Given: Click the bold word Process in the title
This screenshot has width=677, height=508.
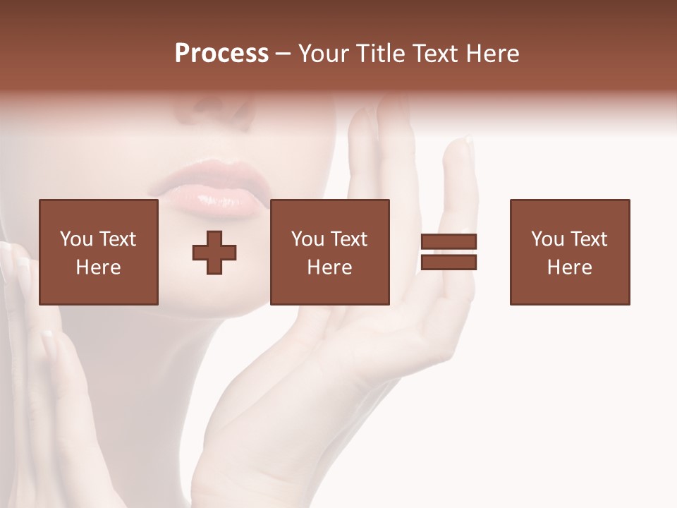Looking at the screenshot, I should (x=221, y=54).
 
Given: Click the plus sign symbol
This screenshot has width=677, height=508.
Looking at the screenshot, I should (x=214, y=252).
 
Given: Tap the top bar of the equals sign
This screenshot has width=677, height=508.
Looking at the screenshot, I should (x=449, y=242).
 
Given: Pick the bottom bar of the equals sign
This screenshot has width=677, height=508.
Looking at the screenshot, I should (x=449, y=262).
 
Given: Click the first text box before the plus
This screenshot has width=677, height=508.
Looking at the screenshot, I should (x=99, y=252).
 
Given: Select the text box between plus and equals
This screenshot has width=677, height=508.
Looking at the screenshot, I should (x=330, y=252).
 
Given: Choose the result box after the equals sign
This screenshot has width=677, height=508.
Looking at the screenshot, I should (x=570, y=252).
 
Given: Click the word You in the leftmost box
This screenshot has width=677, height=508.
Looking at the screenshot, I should (x=76, y=239).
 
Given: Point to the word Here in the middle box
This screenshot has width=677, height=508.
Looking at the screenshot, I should (x=330, y=267).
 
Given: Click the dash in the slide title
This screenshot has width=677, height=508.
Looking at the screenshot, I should (x=283, y=54).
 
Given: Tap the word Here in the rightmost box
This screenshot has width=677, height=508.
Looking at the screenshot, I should (x=570, y=267).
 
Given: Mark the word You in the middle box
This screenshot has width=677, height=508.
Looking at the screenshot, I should (x=307, y=239).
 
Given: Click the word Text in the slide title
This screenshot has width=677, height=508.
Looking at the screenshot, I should (x=434, y=54).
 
